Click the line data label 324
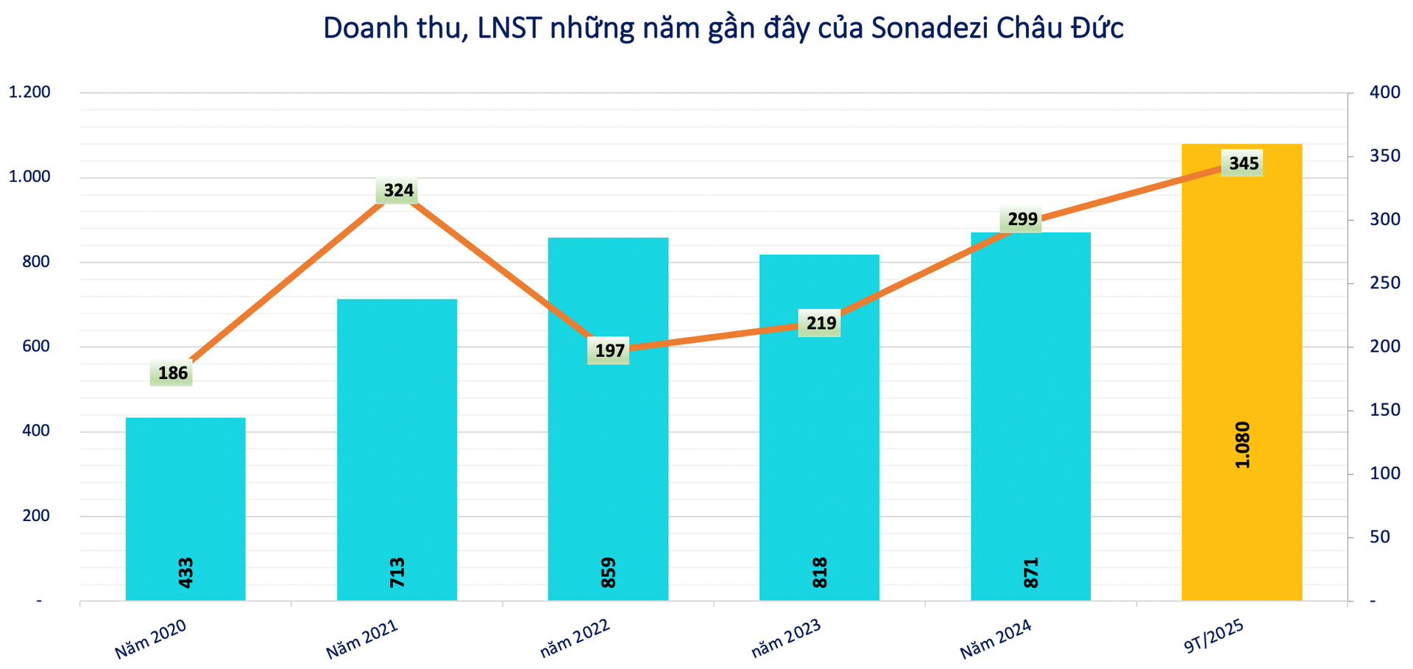398,191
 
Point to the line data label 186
173,373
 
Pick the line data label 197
609,351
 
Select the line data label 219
821,323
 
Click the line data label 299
1022,219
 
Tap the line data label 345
1243,163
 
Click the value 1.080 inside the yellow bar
1242,445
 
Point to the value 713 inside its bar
397,573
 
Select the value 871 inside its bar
1031,573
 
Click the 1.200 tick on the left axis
29,93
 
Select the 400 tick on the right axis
1384,93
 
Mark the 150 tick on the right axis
1384,410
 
